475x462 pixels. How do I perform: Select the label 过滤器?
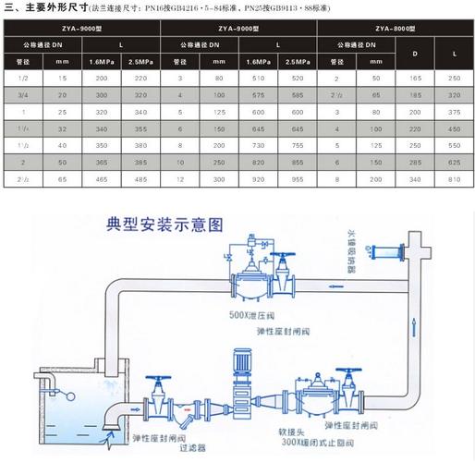191,444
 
